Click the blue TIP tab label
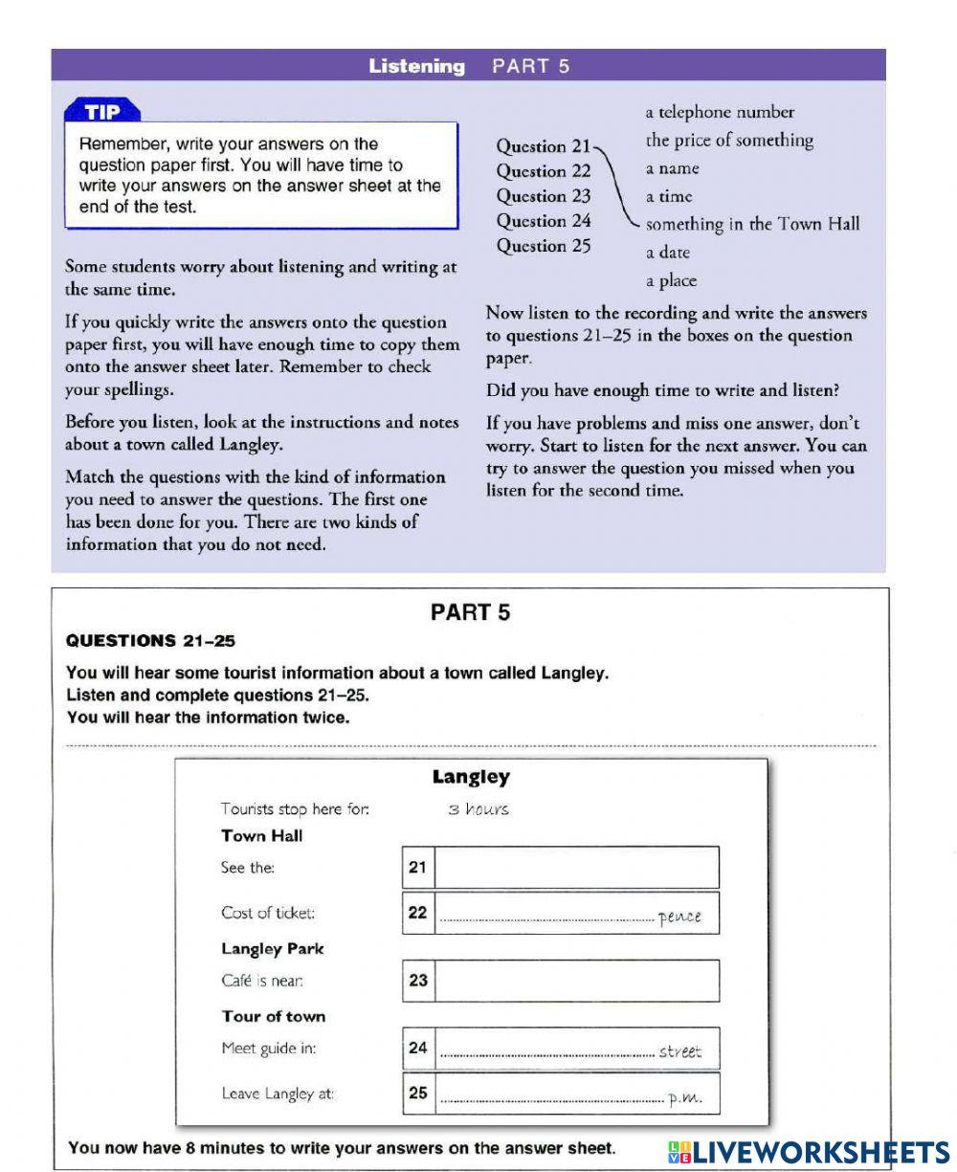tap(102, 112)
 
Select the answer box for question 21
tap(577, 868)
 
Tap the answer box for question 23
tap(577, 981)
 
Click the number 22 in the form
tap(417, 913)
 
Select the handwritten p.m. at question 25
tap(685, 1098)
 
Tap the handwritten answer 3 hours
tap(478, 809)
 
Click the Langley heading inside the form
tap(471, 777)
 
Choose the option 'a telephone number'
tap(720, 113)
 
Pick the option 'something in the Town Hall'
tap(752, 225)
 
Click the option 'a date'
tap(667, 254)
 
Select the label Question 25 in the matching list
tap(544, 246)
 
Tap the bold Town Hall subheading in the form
tap(261, 836)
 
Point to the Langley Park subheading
tap(272, 949)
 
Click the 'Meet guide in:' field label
tap(268, 1049)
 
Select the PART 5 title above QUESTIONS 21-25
tap(470, 613)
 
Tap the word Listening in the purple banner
tap(416, 66)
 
